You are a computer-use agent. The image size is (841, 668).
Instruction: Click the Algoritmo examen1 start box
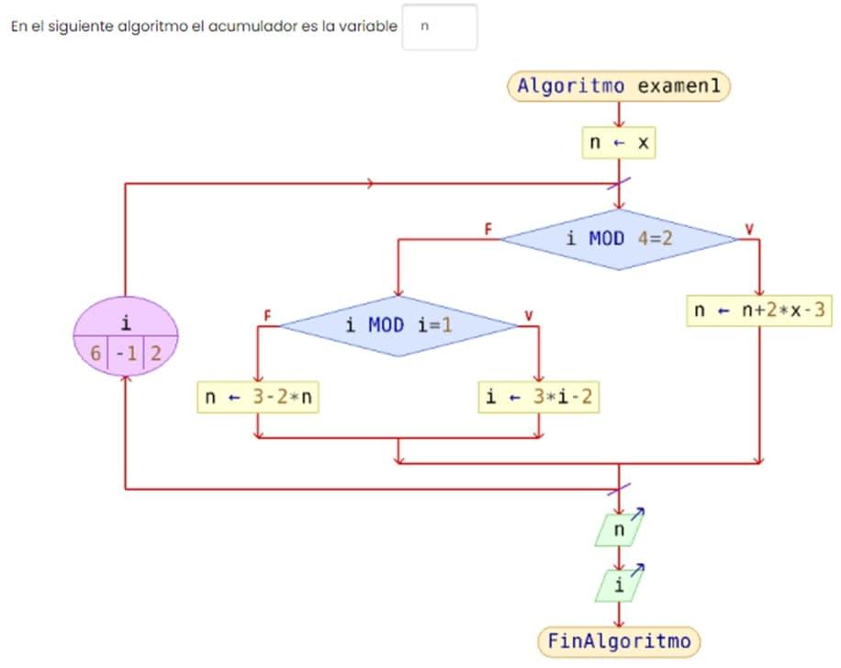click(619, 86)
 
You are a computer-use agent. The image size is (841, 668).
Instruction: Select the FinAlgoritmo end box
click(618, 640)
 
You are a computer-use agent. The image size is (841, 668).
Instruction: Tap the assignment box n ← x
click(619, 142)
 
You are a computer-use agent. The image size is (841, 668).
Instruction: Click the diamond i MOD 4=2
click(619, 239)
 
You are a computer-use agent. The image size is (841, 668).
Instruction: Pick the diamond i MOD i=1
click(399, 324)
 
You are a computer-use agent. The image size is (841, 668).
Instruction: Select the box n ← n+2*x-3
click(759, 311)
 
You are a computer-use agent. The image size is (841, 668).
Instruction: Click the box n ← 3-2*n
click(258, 398)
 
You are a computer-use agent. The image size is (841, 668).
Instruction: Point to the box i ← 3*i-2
click(540, 398)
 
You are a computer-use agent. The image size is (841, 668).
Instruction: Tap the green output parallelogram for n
click(619, 530)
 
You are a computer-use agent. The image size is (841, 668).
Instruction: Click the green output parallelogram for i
click(618, 585)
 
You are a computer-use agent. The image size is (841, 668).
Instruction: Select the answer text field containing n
click(440, 27)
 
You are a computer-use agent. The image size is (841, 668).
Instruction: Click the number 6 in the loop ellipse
click(95, 353)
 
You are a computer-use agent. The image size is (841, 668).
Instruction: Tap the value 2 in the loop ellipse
click(155, 353)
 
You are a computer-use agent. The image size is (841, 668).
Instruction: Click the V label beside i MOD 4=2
click(749, 228)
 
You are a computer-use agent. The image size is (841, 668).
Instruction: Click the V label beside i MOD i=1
click(528, 315)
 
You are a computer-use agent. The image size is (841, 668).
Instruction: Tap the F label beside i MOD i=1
click(268, 315)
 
